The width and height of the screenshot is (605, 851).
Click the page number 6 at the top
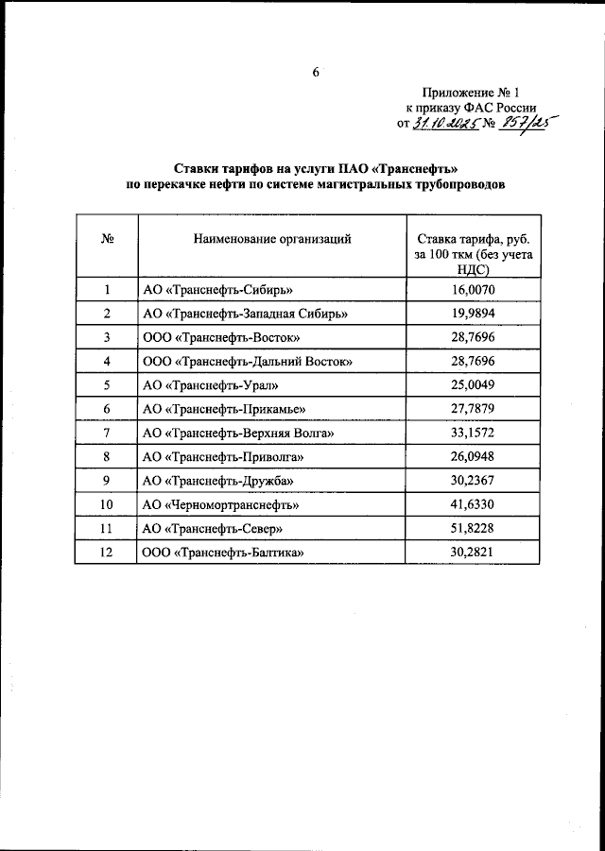(316, 72)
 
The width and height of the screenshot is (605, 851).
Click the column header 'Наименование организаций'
(272, 239)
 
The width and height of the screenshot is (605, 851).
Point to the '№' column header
(107, 239)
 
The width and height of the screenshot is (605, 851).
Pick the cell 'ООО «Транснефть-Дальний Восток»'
(247, 361)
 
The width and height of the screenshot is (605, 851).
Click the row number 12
(107, 552)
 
